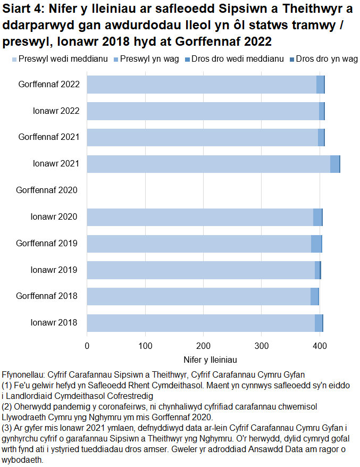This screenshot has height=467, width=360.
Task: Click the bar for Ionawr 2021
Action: click(213, 164)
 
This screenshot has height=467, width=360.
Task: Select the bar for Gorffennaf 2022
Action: click(205, 85)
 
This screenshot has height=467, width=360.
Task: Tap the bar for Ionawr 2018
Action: click(204, 323)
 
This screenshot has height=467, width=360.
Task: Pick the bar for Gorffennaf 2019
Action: click(204, 244)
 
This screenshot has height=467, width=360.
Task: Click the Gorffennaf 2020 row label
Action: click(47, 190)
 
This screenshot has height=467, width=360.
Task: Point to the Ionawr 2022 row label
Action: click(55, 111)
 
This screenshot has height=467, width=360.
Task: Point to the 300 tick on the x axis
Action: click(261, 346)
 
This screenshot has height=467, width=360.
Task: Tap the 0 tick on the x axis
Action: click(87, 346)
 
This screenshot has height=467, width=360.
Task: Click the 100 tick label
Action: click(145, 346)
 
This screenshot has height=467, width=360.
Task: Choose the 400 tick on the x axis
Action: click(319, 346)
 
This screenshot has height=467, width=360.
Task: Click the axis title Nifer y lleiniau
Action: click(210, 360)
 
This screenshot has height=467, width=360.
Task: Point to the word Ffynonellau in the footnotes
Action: click(25, 375)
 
